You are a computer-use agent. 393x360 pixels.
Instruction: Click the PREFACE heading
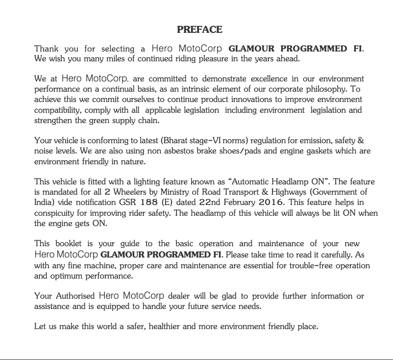[199, 30]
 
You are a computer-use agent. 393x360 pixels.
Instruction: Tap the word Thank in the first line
[46, 49]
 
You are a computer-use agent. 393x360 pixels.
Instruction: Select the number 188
[148, 203]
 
